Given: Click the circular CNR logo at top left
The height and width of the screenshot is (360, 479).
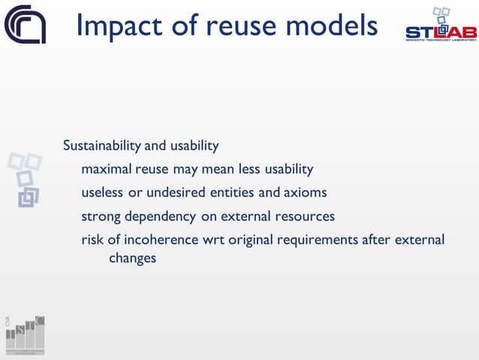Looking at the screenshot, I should [x=26, y=25].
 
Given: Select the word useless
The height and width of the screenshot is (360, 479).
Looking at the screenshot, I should [x=103, y=192].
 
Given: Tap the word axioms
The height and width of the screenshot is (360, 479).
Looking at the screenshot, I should [x=305, y=192].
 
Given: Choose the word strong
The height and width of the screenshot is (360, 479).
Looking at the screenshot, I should [x=100, y=216].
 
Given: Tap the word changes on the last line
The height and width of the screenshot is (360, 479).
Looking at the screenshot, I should [x=132, y=258].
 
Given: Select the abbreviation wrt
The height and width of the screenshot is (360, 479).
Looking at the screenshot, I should [x=214, y=241].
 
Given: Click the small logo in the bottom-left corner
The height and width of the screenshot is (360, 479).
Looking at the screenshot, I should [x=25, y=333].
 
